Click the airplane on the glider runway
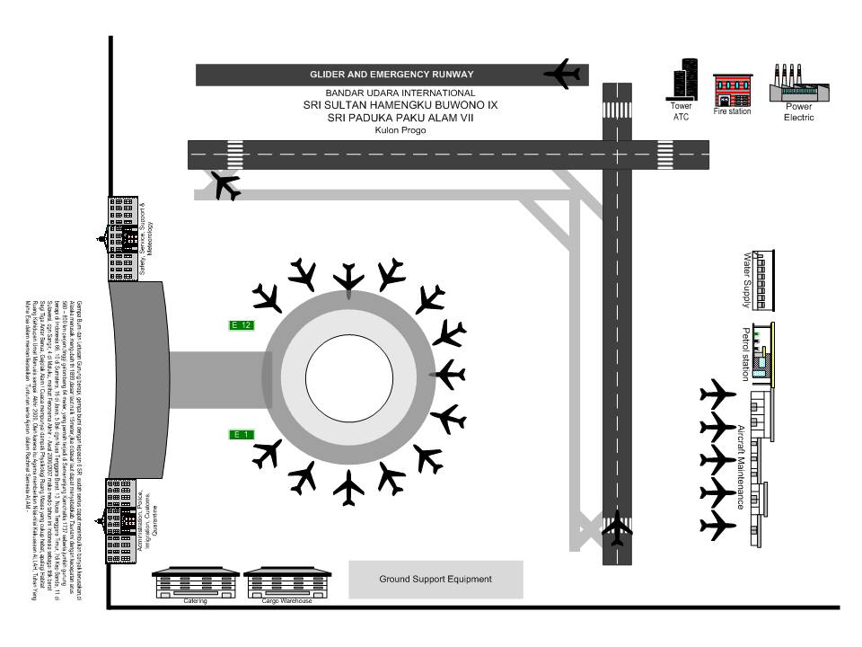point(564,74)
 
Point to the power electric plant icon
point(798,86)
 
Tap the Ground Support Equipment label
point(435,580)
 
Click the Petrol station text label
point(745,354)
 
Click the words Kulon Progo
point(400,130)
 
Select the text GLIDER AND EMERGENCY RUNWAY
point(391,75)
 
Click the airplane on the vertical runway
point(617,527)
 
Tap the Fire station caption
point(732,112)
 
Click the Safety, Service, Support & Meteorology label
point(146,240)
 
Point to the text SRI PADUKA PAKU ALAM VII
point(400,118)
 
